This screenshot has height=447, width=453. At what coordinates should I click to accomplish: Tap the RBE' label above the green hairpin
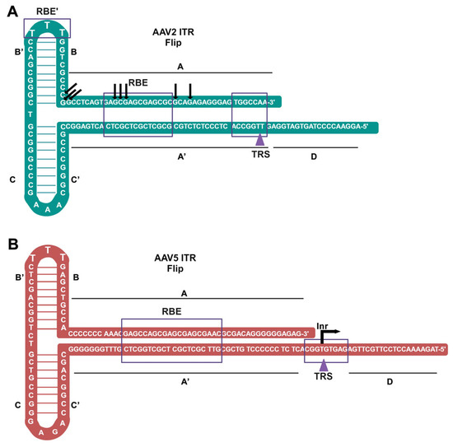coord(46,11)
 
